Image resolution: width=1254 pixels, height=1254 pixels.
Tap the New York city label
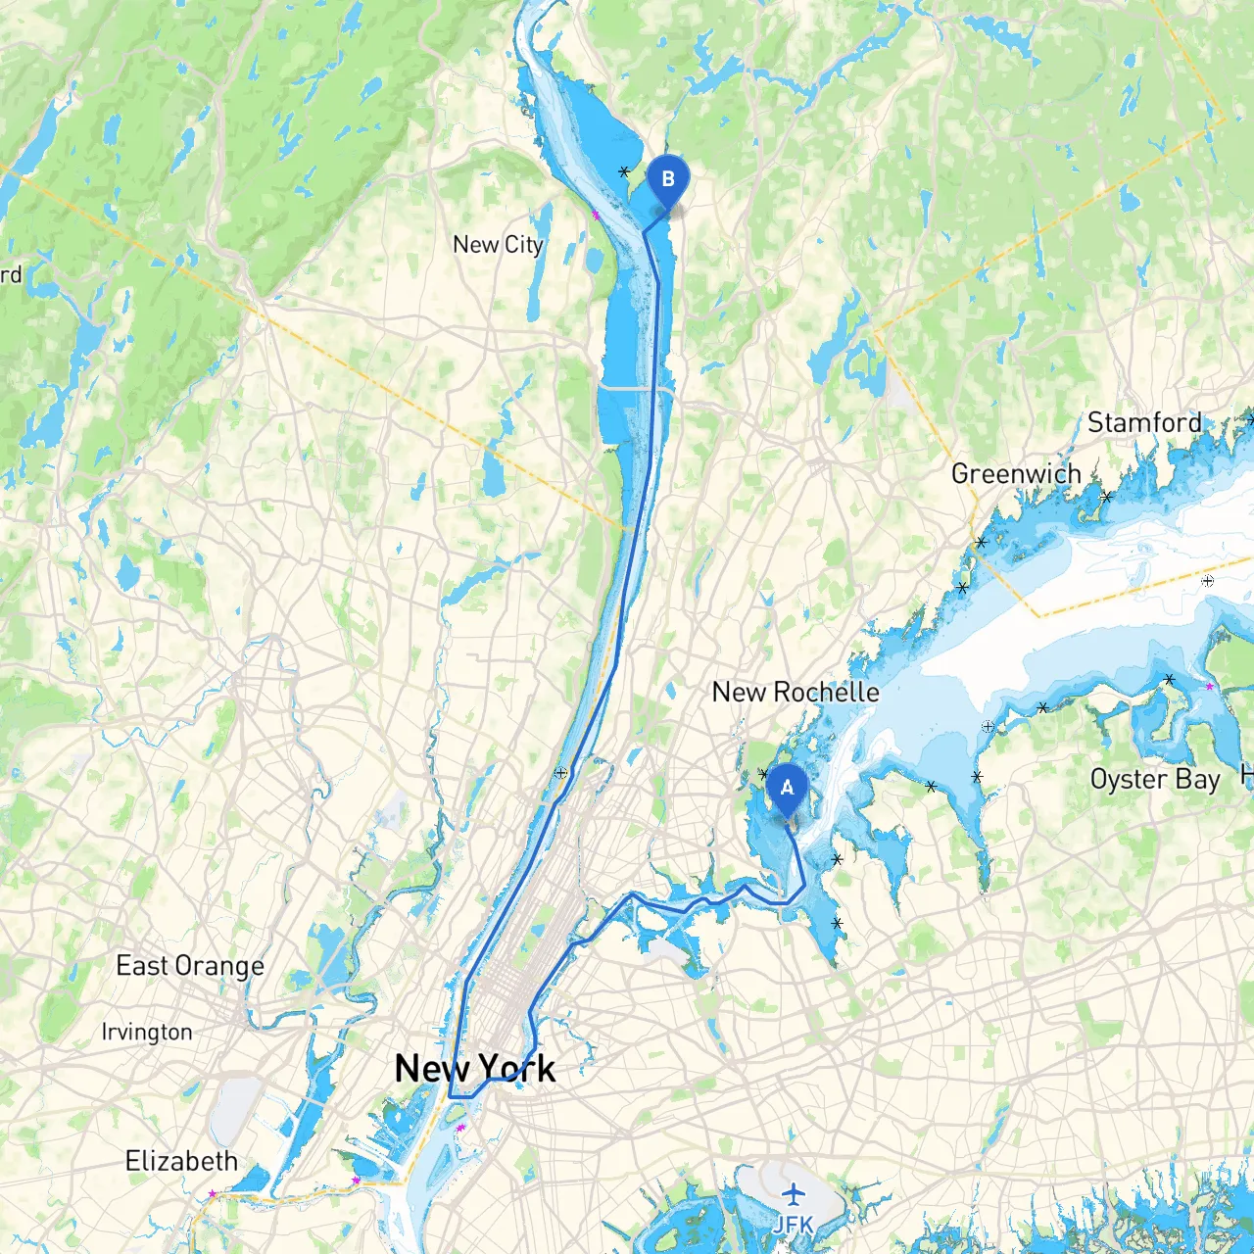pos(475,1069)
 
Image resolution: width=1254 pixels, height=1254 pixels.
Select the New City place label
pos(498,245)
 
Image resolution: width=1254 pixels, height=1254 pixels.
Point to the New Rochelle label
pos(796,693)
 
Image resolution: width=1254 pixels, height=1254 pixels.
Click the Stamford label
pos(1144,423)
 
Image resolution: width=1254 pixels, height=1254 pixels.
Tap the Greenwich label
pos(1016,474)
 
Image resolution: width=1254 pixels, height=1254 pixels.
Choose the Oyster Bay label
pos(1155,780)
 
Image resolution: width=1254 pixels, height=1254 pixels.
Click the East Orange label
pos(190,966)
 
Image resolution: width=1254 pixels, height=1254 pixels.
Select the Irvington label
pos(147,1033)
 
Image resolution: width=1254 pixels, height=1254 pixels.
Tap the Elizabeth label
pos(182,1162)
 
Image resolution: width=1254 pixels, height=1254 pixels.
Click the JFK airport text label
pos(793,1225)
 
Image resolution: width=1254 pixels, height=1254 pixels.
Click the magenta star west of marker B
pos(595,215)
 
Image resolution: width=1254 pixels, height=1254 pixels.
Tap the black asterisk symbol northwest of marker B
pos(624,171)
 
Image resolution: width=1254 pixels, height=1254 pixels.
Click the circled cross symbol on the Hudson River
pos(561,773)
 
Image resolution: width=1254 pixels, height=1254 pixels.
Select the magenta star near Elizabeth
pos(213,1193)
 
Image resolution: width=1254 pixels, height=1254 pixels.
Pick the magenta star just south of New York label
pos(459,1128)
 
